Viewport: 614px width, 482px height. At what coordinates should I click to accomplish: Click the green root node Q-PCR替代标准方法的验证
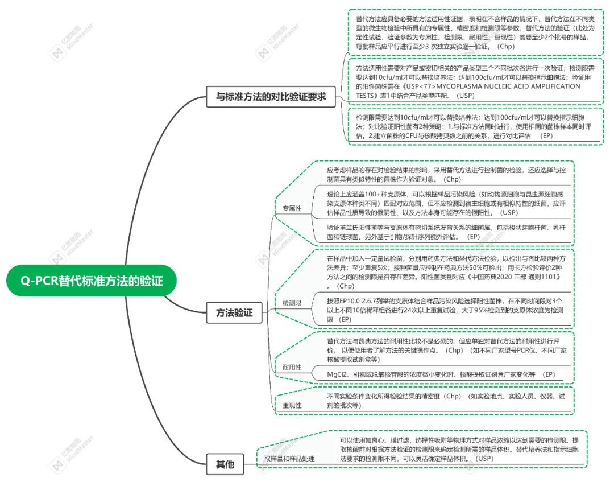click(x=92, y=281)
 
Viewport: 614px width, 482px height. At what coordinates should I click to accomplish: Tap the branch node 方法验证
click(x=234, y=312)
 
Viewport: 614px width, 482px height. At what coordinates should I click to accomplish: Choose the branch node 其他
click(x=225, y=464)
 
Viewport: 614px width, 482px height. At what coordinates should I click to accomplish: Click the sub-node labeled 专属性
click(x=292, y=208)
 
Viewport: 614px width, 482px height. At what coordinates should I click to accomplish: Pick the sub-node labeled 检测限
click(x=292, y=303)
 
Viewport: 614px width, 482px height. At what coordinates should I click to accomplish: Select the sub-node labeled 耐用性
click(x=292, y=367)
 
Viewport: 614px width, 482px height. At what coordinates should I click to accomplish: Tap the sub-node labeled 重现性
click(x=292, y=405)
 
